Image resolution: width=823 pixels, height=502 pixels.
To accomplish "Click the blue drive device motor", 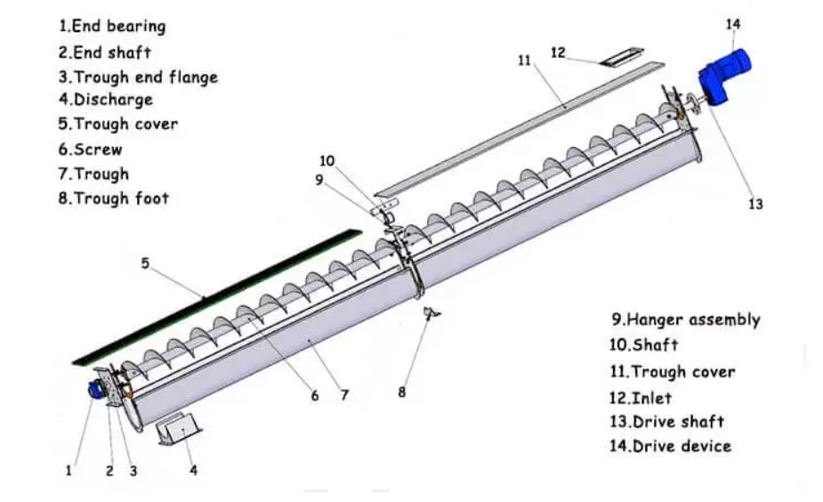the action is click(x=724, y=77).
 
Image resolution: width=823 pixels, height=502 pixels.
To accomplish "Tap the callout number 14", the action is click(x=733, y=24).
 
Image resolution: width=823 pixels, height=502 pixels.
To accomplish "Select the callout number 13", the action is click(x=755, y=204).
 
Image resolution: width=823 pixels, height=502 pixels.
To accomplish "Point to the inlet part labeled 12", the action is click(x=622, y=57).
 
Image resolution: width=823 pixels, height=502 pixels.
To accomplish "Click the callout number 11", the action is click(x=524, y=61).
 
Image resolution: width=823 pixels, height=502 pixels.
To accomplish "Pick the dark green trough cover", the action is click(x=217, y=297).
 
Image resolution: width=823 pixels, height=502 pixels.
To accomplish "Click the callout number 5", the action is click(x=145, y=263).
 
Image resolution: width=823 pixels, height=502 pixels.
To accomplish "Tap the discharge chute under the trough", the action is click(x=179, y=428).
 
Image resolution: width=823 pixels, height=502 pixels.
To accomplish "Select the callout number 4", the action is click(x=193, y=470).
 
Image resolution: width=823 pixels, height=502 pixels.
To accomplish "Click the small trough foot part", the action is click(x=432, y=313).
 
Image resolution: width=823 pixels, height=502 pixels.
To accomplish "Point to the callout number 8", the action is click(x=401, y=393).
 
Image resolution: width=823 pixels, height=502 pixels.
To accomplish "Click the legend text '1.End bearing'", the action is click(x=112, y=26).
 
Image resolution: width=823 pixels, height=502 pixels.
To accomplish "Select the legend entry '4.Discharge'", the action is click(x=106, y=100).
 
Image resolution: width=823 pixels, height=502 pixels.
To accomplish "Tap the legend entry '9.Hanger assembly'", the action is click(x=685, y=320).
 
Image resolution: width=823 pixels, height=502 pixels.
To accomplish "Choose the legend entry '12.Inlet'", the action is click(x=640, y=398).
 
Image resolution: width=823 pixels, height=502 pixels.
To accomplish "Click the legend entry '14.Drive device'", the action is click(x=670, y=446).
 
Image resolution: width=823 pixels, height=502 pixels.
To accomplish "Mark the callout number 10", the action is click(x=327, y=161).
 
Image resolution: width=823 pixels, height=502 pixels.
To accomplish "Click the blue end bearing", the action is click(x=95, y=390).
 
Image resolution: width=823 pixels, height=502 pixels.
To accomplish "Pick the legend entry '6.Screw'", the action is click(x=90, y=150).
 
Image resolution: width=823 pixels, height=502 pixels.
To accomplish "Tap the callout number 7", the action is click(x=344, y=395).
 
